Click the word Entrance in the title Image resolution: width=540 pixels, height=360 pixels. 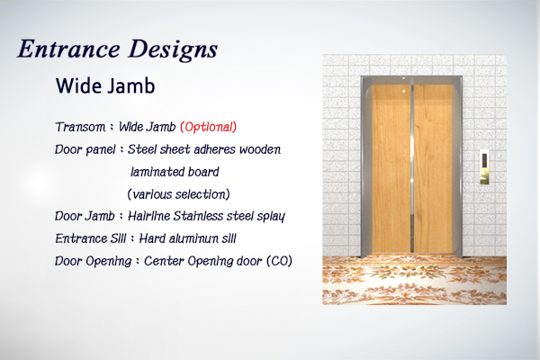click(69, 49)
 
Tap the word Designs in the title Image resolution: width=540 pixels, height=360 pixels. click(173, 50)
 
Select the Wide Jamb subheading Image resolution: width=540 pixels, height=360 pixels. click(105, 85)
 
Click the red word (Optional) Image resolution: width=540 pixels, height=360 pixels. click(209, 127)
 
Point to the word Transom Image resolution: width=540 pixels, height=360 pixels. click(81, 127)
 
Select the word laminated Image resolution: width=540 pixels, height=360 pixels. click(152, 172)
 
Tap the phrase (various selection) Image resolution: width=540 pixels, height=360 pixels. click(178, 194)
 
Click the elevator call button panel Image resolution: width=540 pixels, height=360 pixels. click(484, 166)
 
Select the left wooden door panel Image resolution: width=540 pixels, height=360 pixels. click(391, 168)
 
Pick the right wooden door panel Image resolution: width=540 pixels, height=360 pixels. click(433, 168)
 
